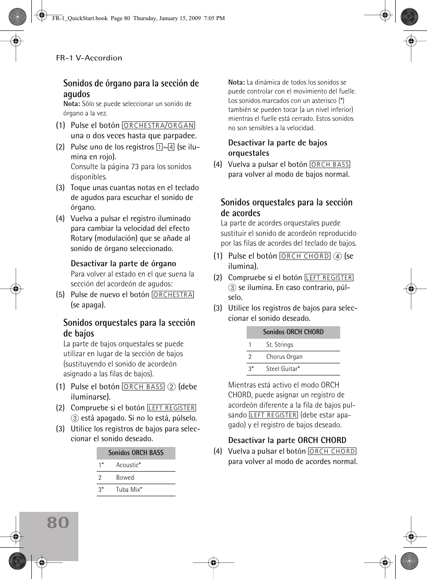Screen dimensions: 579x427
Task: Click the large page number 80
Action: click(x=58, y=523)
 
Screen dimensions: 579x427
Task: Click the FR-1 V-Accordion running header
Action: click(x=89, y=58)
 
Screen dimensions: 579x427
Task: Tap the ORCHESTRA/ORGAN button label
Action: click(x=158, y=126)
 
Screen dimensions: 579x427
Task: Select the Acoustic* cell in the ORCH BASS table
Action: click(x=128, y=465)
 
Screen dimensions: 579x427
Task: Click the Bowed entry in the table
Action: click(x=125, y=477)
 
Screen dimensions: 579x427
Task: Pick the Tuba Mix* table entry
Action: click(x=129, y=490)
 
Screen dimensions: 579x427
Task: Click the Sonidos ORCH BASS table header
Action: click(x=136, y=453)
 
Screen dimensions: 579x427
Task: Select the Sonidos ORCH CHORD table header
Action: click(x=293, y=332)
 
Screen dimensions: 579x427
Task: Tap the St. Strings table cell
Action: click(x=280, y=345)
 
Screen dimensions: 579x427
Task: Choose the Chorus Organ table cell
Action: click(x=284, y=357)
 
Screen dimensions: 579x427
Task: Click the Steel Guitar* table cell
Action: click(x=283, y=369)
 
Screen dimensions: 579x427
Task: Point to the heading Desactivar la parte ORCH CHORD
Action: click(x=287, y=440)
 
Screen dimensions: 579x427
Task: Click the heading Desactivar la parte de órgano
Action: click(x=123, y=264)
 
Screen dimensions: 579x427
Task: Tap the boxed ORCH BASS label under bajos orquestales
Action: click(x=330, y=165)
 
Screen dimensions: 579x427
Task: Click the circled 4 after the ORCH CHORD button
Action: click(x=337, y=256)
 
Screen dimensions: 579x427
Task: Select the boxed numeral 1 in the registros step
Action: click(x=159, y=147)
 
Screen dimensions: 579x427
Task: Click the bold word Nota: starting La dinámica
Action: click(x=236, y=82)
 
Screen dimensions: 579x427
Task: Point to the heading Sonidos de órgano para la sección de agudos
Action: click(x=131, y=88)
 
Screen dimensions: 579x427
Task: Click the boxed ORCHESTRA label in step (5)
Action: click(x=173, y=295)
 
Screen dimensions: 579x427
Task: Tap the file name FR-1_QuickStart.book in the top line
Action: click(x=80, y=18)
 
